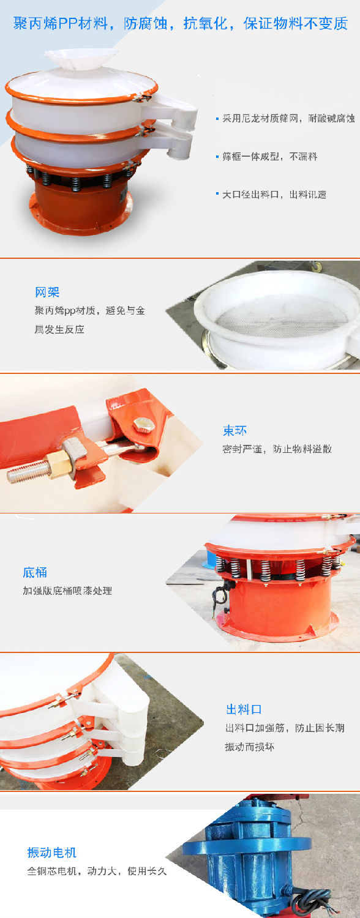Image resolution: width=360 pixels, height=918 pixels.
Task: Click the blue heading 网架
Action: (47, 292)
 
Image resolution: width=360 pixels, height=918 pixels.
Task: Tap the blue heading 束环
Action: (235, 431)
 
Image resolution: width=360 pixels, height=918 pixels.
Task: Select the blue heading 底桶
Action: (36, 572)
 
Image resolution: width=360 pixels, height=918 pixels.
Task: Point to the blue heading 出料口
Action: (244, 709)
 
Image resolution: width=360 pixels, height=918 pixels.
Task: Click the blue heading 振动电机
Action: (52, 853)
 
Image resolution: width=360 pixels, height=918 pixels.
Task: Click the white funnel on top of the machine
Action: (81, 58)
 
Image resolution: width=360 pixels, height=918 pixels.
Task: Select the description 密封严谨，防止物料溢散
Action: (277, 449)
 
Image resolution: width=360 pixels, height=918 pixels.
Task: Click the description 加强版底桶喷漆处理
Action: (68, 591)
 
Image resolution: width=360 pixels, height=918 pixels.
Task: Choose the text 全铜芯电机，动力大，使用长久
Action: (97, 871)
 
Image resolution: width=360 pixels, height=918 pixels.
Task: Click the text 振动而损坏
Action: (250, 747)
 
